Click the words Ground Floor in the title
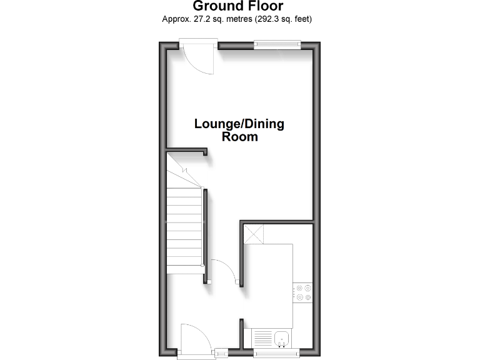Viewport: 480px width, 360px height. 237,7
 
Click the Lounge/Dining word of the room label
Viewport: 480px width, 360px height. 239,124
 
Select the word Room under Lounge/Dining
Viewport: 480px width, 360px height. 239,137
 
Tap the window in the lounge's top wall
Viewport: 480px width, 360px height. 277,44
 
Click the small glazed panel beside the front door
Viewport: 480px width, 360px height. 222,353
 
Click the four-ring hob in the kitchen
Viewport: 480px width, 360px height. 304,292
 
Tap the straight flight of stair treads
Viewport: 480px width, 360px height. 185,231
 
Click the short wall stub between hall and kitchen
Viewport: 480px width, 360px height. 241,334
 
